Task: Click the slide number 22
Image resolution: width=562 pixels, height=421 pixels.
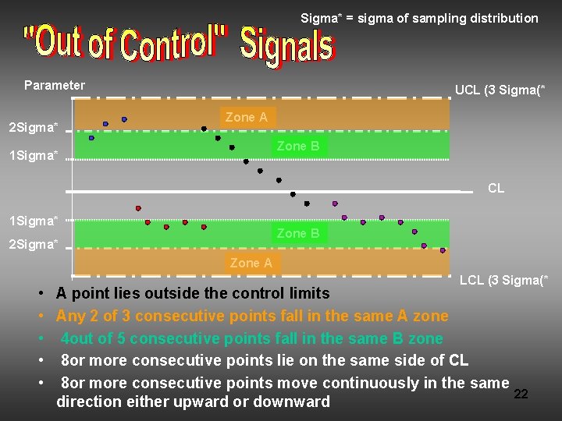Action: [x=521, y=394]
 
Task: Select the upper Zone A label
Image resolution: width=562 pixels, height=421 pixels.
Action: [x=246, y=117]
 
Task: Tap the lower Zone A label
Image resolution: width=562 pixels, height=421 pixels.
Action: [x=251, y=263]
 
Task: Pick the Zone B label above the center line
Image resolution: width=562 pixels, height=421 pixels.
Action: [x=297, y=146]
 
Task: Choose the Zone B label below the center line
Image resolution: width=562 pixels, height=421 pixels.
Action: [x=297, y=233]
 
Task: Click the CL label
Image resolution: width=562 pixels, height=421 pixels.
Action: [x=496, y=188]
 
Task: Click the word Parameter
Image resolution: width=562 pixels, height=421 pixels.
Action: [x=55, y=85]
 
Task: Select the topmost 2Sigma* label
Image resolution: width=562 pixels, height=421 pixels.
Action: [x=33, y=127]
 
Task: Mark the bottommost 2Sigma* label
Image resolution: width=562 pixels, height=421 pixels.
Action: [x=33, y=245]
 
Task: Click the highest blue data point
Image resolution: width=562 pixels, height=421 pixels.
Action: [x=124, y=119]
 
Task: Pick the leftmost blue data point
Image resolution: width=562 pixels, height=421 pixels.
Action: [x=91, y=138]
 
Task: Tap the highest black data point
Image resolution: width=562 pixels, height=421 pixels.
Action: [x=204, y=129]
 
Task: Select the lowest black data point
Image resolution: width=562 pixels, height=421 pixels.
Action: [x=307, y=203]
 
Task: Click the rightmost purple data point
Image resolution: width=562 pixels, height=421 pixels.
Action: [x=443, y=250]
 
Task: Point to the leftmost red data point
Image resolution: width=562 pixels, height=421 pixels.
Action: [x=138, y=208]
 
